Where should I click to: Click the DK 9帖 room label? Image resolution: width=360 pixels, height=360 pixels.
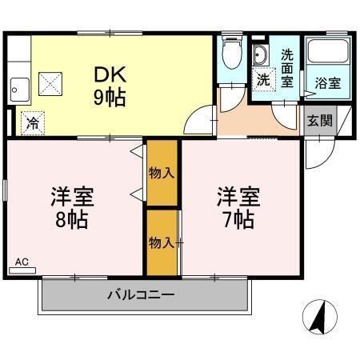tap(110, 86)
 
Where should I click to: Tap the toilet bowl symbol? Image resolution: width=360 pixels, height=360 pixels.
tap(232, 56)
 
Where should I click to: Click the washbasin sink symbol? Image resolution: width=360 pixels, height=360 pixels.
tap(262, 56)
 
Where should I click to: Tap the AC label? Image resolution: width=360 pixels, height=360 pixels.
tap(22, 262)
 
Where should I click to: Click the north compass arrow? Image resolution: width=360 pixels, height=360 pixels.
tap(318, 318)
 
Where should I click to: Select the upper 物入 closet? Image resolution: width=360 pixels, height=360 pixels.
tap(162, 171)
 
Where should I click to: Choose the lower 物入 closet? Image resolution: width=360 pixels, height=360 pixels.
tap(162, 242)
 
